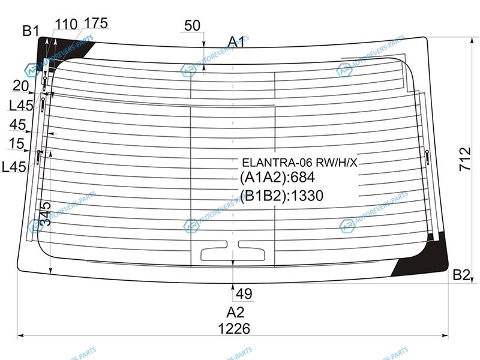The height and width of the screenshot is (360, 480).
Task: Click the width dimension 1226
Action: tap(234, 328)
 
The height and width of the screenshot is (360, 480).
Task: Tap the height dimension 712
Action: tap(465, 159)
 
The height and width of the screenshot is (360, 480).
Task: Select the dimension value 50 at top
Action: tap(192, 25)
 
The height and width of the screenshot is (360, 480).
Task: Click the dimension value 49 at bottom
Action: tap(244, 294)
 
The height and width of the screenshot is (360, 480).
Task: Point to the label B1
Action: tap(31, 31)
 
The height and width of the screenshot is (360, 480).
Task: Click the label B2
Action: tap(461, 275)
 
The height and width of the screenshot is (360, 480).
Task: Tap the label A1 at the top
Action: tap(236, 41)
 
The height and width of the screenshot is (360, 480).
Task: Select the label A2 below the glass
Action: tap(235, 312)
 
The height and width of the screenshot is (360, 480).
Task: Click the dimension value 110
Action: tap(66, 24)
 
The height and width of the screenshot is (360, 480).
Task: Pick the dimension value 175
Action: tap(96, 23)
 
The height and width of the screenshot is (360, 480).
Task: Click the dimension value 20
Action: tap(20, 86)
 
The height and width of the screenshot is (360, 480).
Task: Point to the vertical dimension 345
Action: tap(46, 214)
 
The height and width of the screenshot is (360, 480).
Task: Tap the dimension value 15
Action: tap(16, 143)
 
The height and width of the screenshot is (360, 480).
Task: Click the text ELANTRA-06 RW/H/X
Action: tap(299, 163)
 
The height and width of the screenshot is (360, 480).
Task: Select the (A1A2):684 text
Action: tap(277, 177)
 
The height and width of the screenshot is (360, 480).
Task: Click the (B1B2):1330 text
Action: tap(281, 196)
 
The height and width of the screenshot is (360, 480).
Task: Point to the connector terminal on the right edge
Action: tap(427, 157)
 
